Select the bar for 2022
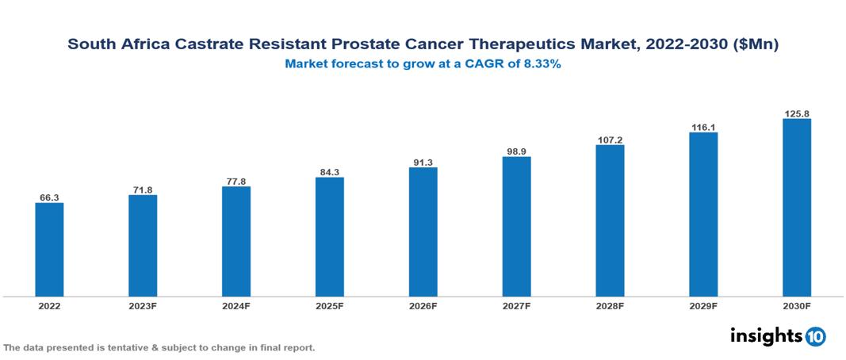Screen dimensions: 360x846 (49, 250)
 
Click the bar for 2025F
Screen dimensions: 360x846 (330, 236)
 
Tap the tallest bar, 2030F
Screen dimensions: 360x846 (796, 208)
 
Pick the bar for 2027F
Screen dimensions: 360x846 (516, 226)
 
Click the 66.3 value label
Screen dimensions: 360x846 (49, 197)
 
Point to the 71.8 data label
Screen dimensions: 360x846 (143, 190)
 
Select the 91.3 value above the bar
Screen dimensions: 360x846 (423, 162)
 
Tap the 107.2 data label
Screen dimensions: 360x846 (610, 140)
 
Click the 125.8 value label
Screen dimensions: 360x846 (796, 113)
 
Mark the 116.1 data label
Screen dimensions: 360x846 (703, 127)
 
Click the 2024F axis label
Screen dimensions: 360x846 (236, 306)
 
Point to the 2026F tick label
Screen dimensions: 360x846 (423, 306)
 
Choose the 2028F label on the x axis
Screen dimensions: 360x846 (610, 306)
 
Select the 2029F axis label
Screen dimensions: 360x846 (703, 306)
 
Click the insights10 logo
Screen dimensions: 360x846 (777, 336)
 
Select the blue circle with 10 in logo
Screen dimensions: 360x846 (815, 337)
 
